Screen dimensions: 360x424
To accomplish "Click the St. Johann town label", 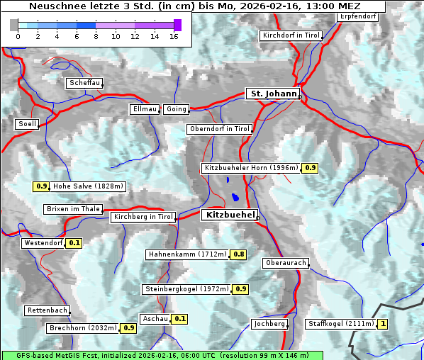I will point(272,94).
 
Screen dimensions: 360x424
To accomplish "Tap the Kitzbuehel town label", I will point(229,215).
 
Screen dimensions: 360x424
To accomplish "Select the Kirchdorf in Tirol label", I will point(291,35).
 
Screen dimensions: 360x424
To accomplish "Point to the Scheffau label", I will point(84,83).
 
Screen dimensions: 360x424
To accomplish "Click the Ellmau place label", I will point(144,109).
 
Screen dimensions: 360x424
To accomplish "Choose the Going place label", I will point(176,109).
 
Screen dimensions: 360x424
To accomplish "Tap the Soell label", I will point(26,124).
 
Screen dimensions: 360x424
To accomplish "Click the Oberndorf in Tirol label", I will point(219,129).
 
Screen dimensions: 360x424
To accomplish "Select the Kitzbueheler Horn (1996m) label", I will point(251,168).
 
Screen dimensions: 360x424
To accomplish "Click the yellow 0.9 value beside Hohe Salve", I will point(41,186).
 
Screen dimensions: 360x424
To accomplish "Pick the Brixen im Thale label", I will point(73,209).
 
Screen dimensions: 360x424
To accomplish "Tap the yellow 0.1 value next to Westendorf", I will point(74,243).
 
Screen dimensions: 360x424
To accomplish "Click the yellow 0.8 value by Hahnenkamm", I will point(239,254).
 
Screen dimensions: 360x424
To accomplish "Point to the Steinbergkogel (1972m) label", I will point(186,289).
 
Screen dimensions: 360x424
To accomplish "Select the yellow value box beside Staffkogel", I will point(383,324).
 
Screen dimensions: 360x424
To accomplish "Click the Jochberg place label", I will point(269,324).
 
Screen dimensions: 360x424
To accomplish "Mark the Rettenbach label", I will point(48,310).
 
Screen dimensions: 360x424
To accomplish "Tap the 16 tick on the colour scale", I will point(174,36).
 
